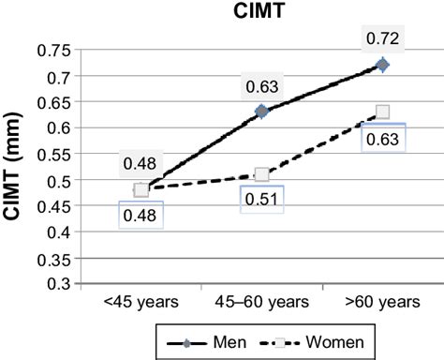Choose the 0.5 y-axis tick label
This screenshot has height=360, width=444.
[56, 179]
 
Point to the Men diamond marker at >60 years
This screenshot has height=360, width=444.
[381, 65]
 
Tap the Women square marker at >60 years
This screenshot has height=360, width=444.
[381, 112]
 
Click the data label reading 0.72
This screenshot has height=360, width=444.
[381, 40]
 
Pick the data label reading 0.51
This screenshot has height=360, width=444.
[261, 199]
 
